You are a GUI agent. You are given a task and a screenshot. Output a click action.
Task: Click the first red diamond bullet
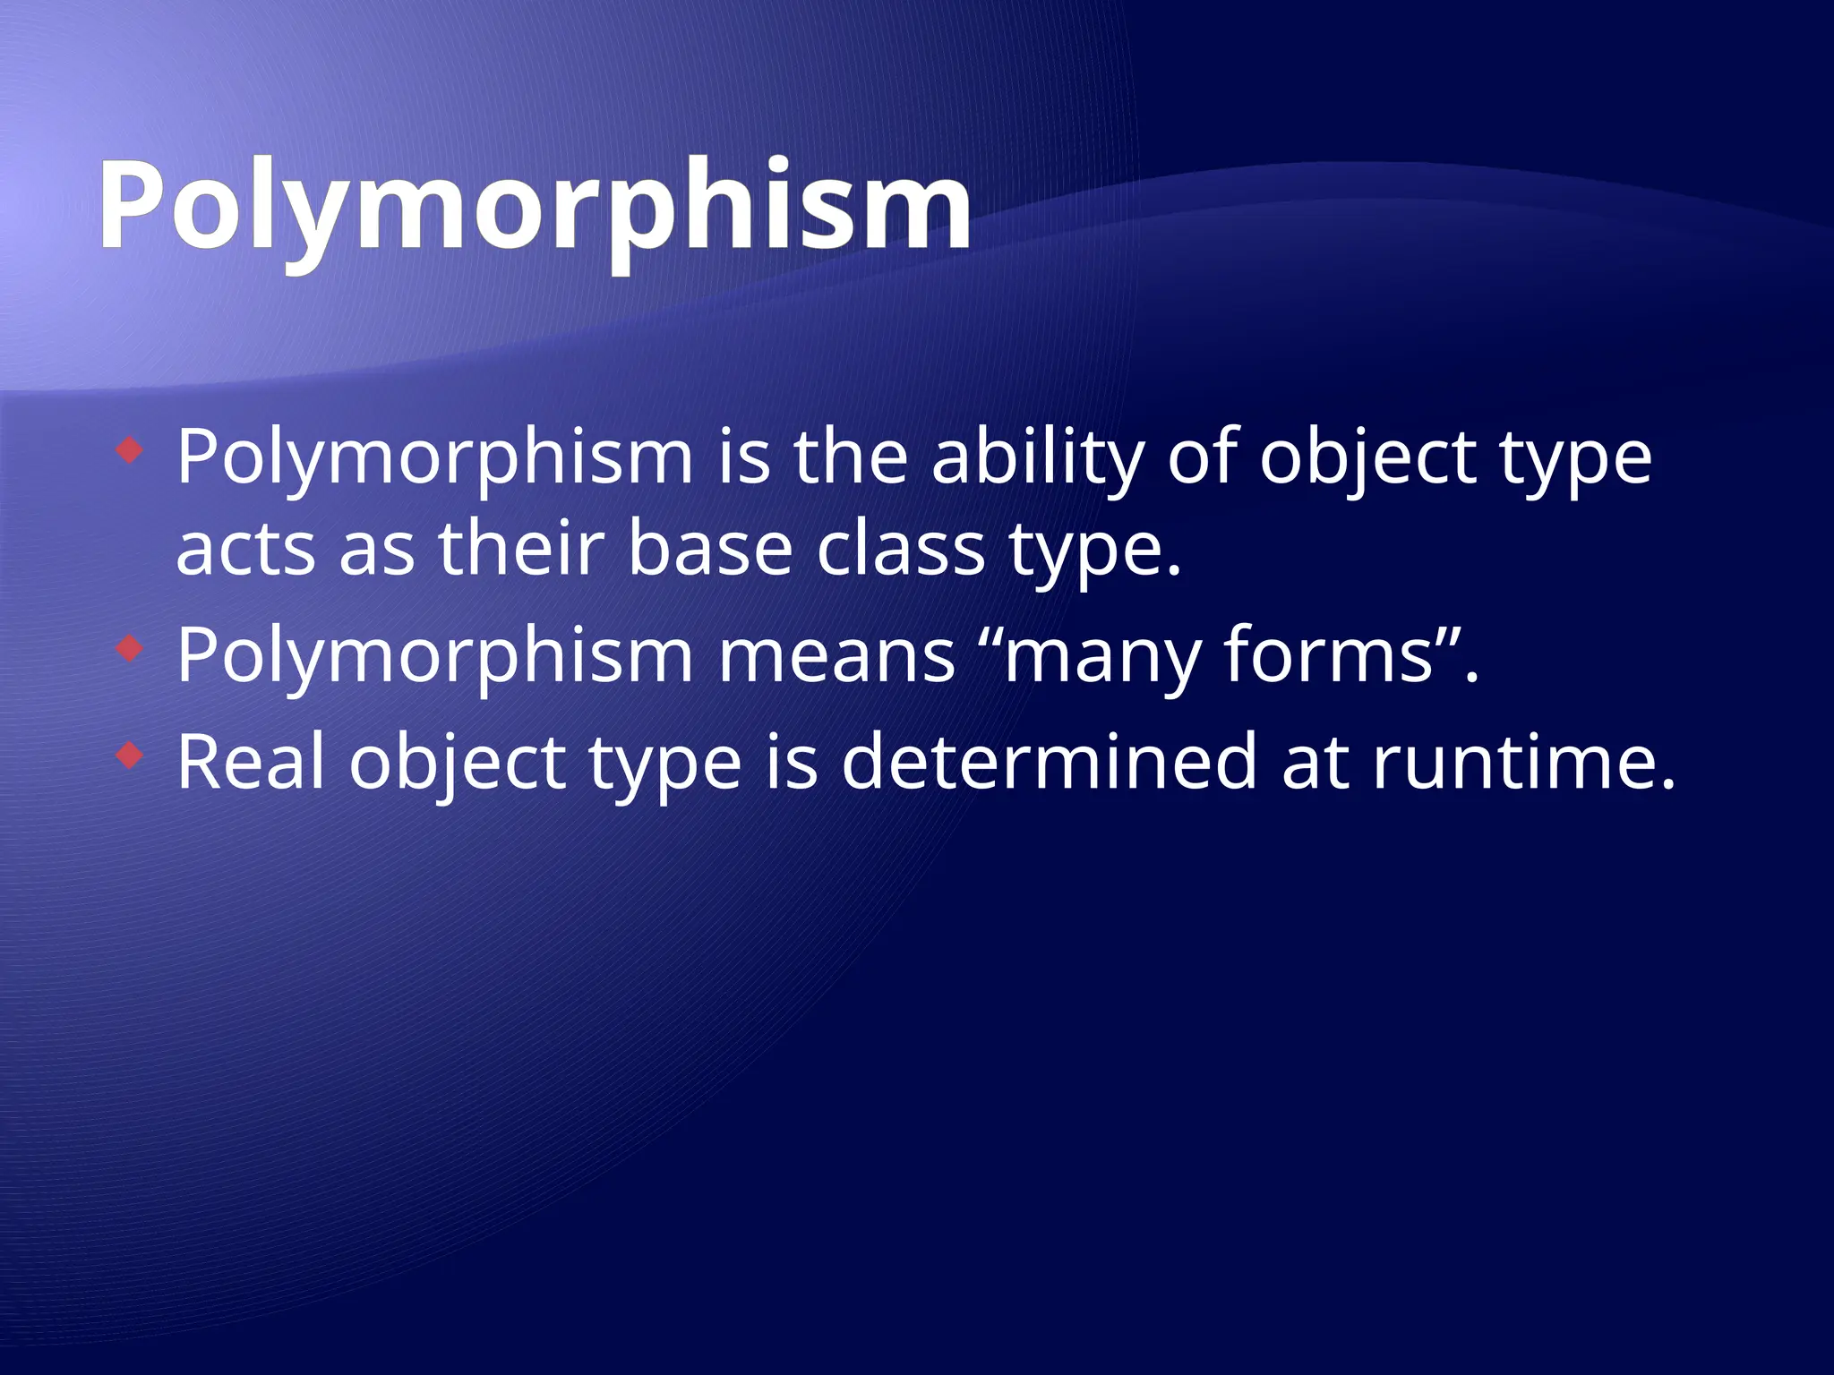coord(130,450)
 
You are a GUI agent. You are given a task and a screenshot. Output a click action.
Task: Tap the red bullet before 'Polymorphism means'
coord(130,648)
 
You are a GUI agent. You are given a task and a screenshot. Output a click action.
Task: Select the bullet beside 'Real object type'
coord(130,756)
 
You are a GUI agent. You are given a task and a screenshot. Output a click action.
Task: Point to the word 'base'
coord(710,549)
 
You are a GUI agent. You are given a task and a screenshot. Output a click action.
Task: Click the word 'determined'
coord(1049,763)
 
